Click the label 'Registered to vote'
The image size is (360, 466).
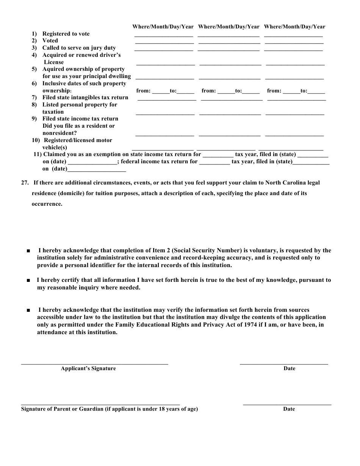point(66,34)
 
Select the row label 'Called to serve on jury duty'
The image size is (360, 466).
point(79,48)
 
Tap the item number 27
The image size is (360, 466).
point(25,183)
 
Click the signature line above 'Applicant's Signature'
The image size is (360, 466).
point(94,364)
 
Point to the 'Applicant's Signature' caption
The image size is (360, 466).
point(88,368)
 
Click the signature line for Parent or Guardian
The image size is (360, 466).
point(100,404)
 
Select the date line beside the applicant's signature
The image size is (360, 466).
point(284,364)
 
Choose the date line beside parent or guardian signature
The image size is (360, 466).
point(287,404)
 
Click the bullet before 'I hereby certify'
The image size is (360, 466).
point(29,280)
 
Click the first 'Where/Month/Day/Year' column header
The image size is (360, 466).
point(163,27)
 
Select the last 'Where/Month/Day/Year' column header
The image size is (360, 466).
point(294,27)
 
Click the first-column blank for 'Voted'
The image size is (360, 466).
point(164,43)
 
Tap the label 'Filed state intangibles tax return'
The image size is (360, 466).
point(85,97)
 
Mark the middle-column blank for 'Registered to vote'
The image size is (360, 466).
point(229,36)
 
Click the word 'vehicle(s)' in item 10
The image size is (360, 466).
point(55,147)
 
